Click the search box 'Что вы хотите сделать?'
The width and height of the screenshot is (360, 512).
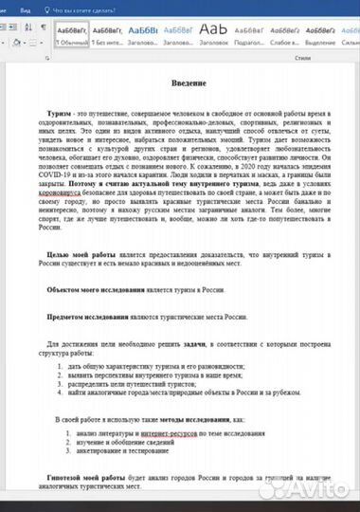coord(69,8)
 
